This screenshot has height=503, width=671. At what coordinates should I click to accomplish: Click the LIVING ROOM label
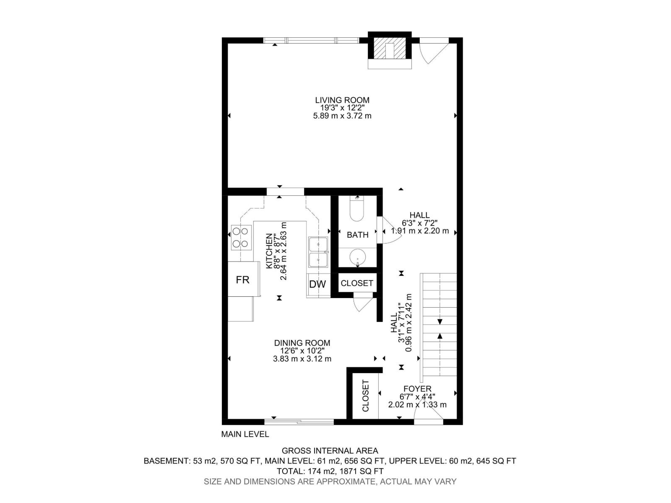342,100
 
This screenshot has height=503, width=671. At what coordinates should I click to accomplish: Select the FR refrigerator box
242,280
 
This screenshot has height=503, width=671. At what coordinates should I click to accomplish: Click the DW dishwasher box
317,284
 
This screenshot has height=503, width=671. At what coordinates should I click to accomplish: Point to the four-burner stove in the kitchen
241,237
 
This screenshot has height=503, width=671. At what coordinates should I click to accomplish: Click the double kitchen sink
318,252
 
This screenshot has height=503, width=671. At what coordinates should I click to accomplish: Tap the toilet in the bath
357,211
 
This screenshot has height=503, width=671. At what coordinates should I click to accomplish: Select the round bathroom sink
357,257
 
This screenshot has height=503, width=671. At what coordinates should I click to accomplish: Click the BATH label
357,235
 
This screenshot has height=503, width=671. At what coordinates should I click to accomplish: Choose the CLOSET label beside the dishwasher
357,283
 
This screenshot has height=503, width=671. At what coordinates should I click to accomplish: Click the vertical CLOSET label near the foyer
365,396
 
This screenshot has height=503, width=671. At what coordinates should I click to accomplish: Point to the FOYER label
417,389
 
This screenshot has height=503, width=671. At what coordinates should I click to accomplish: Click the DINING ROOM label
302,343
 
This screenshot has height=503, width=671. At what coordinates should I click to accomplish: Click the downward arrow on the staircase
440,322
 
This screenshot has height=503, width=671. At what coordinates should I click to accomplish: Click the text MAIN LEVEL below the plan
245,434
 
